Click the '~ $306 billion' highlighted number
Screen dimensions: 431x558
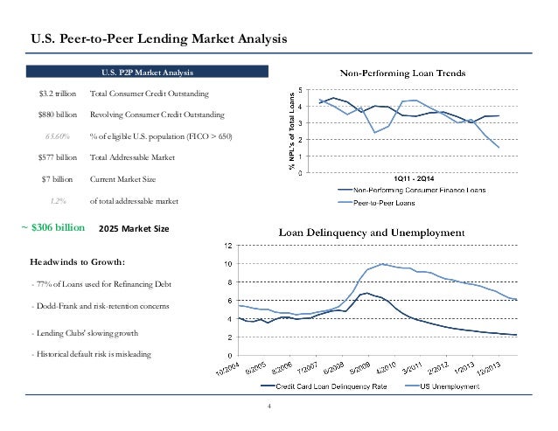[52, 226]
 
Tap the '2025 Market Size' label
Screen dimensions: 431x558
[129, 227]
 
